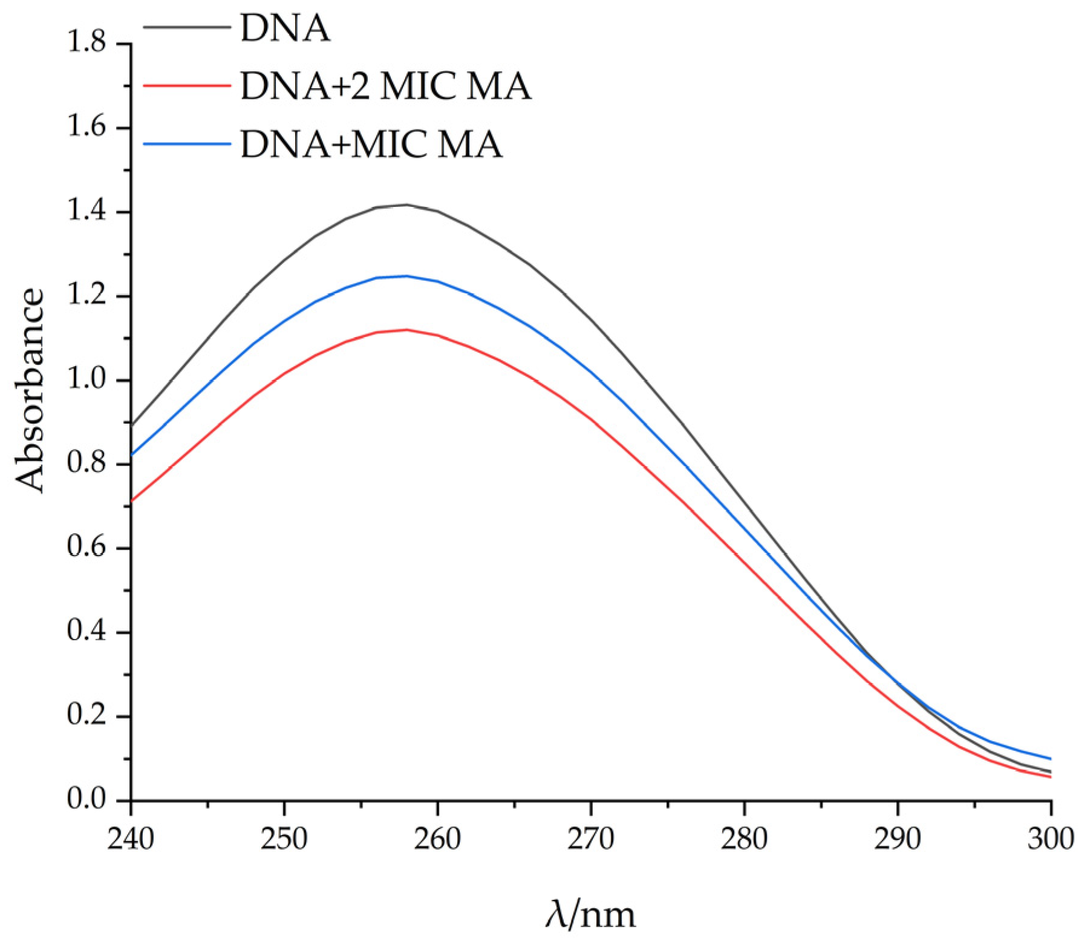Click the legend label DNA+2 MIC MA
385,86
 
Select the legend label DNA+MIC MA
371,144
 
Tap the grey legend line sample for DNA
187,28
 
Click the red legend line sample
187,85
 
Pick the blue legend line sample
187,144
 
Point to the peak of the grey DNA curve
406,205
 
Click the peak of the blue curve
406,276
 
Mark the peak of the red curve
406,330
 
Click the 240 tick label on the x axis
131,839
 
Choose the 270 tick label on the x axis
591,839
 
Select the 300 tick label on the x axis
1051,839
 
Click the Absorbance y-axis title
30,390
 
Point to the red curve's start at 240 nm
132,501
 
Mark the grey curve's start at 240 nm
132,425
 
